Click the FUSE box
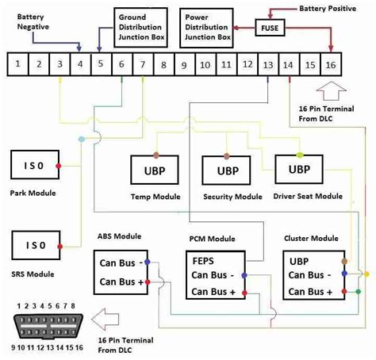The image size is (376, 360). [270, 28]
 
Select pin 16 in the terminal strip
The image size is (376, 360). [331, 65]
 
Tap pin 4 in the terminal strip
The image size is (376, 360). [80, 64]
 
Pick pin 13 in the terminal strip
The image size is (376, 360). [268, 65]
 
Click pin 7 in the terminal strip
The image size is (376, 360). [143, 64]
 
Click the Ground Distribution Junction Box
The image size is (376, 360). [140, 27]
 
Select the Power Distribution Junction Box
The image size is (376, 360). [206, 28]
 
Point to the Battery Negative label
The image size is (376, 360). [33, 21]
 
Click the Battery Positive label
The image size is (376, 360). [328, 9]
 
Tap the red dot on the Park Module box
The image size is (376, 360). [59, 166]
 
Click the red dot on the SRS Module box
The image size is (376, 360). [60, 247]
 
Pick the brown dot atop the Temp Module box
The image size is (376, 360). [156, 155]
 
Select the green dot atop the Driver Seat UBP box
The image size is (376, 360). [300, 155]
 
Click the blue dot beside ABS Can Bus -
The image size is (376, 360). [148, 262]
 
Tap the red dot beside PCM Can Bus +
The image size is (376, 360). [244, 293]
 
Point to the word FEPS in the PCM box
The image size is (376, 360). [203, 261]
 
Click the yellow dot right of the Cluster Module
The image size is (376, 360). [366, 274]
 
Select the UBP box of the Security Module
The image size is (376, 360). [226, 170]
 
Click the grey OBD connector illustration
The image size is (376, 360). [48, 326]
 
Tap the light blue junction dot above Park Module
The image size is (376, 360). [82, 139]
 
